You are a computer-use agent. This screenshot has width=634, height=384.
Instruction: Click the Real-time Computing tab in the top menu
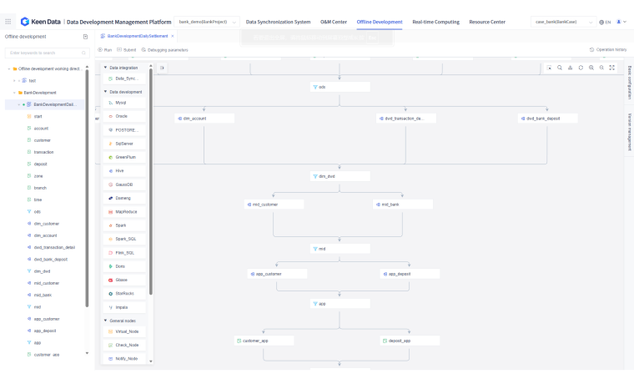coord(435,22)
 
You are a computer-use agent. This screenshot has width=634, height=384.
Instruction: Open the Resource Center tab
coord(487,22)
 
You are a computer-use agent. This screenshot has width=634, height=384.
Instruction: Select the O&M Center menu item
coord(334,22)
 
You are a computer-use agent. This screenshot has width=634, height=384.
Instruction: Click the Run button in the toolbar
coord(106,50)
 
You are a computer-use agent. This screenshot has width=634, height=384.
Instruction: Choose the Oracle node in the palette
coord(122,116)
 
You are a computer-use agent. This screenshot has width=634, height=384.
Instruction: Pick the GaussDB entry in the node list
coord(124,184)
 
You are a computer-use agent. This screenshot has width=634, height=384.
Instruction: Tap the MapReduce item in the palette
coord(126,211)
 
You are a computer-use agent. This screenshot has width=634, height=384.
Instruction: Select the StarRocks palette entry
coord(125,293)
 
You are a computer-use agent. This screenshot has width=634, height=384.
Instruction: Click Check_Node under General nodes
coord(127,345)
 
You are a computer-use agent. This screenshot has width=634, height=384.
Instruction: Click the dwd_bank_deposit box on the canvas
coord(547,119)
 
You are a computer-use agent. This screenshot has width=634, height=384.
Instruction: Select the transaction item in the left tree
coord(44,152)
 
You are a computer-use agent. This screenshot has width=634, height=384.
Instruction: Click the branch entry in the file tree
coord(40,188)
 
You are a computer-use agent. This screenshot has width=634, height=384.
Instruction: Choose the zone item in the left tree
coord(38,176)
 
